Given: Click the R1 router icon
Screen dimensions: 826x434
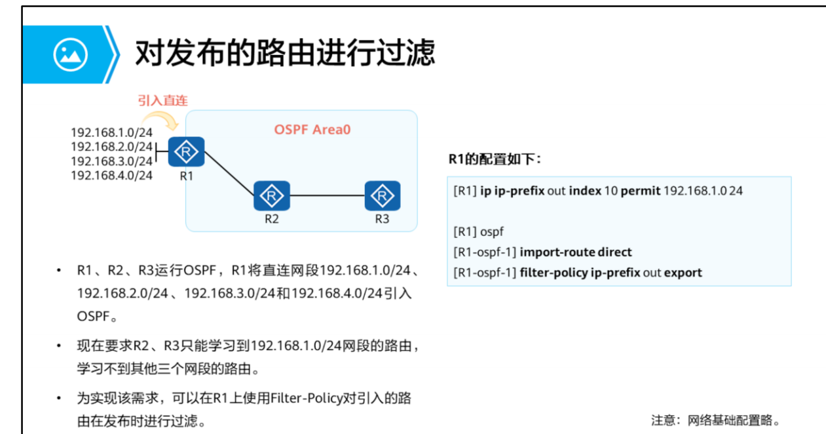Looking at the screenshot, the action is tap(187, 153).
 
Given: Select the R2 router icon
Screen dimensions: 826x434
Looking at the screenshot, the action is tap(272, 195).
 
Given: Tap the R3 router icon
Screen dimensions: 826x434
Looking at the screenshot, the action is tap(382, 195).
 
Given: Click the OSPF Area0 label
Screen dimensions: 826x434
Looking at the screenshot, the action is tap(312, 130).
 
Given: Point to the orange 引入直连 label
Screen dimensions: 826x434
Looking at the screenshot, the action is tap(162, 100).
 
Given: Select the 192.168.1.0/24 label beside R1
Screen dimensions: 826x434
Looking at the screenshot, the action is tap(111, 132).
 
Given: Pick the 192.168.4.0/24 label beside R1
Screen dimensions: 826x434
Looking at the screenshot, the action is tap(111, 175).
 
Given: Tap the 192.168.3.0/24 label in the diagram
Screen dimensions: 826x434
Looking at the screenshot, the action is tap(111, 161).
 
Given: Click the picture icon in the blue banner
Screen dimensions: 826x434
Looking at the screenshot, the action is tap(71, 54).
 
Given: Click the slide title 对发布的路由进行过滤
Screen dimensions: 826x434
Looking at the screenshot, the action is tap(285, 53).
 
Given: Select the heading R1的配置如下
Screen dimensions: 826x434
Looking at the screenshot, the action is tap(495, 159).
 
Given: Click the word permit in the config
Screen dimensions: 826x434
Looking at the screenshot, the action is tap(641, 191).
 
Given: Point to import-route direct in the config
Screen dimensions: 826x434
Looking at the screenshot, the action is tap(576, 252).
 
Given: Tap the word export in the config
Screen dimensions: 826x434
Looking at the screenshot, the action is tap(683, 272).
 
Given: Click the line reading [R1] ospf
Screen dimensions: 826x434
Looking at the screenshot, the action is tap(478, 231).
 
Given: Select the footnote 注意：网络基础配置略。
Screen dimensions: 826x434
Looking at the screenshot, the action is tap(717, 420).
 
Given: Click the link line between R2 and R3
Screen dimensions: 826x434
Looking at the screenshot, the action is tap(327, 195).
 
